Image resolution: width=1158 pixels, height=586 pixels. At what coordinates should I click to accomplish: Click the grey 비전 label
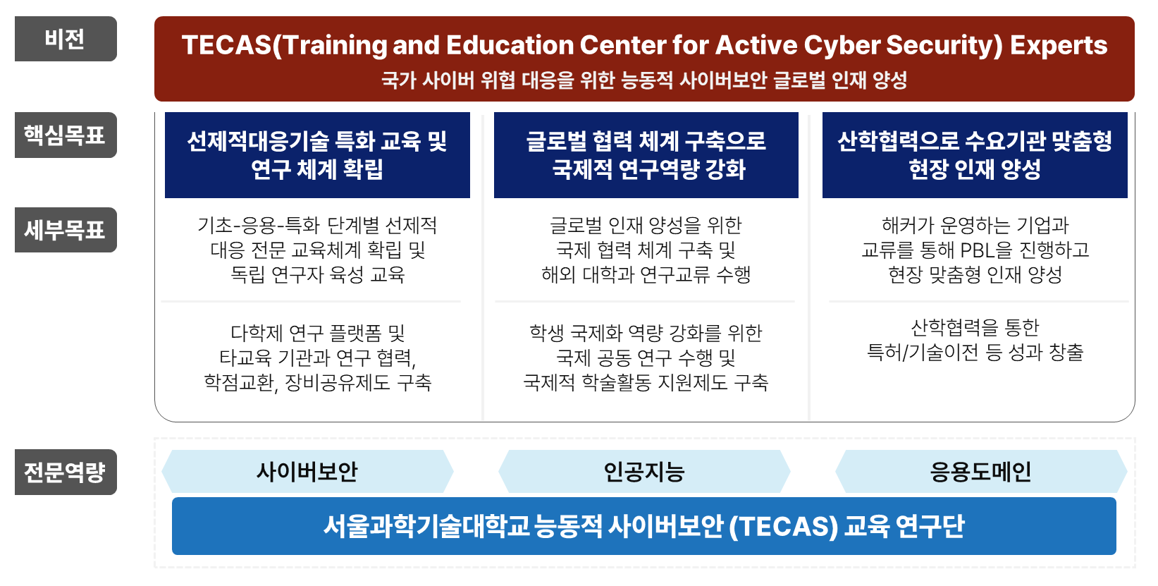(66, 39)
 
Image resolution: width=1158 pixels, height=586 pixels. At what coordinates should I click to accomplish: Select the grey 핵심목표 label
(66, 135)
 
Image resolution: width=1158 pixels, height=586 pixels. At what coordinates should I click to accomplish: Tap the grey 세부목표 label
(66, 230)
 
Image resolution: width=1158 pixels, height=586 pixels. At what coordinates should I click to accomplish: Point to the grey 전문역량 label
(66, 472)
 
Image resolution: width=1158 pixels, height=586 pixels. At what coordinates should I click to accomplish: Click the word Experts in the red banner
(1059, 47)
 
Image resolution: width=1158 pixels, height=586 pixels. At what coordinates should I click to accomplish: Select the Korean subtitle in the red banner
(644, 80)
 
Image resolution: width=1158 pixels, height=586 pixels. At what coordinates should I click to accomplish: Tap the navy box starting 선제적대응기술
(317, 155)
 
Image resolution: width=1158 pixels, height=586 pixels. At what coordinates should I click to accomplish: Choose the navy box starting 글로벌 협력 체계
(646, 155)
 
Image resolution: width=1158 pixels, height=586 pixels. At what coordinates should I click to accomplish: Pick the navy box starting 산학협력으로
(975, 155)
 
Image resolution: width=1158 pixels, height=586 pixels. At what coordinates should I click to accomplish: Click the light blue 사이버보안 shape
(307, 471)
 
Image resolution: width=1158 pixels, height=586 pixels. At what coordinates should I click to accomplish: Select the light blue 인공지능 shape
(645, 471)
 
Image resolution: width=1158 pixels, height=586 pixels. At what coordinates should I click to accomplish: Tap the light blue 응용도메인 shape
(981, 471)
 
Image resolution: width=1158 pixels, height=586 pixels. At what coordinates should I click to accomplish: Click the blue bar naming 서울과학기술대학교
(644, 526)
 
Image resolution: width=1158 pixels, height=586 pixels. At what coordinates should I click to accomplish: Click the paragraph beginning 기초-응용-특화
(317, 250)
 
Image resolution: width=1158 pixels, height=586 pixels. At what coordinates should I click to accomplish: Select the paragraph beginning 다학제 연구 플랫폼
(317, 358)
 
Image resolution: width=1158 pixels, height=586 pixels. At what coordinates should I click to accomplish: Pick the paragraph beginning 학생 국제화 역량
(646, 358)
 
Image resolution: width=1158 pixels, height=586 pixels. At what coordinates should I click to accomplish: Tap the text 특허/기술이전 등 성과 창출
(975, 353)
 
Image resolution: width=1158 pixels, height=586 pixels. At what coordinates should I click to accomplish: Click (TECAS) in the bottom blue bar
(783, 527)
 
